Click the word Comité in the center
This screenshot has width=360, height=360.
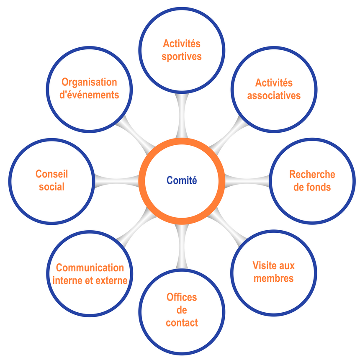click(182, 180)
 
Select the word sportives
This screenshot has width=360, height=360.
click(182, 57)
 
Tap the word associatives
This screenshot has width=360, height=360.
click(274, 95)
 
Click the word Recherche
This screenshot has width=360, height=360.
click(312, 174)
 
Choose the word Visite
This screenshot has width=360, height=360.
click(263, 265)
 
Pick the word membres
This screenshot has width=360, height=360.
click(274, 278)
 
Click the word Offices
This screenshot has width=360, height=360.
click(182, 297)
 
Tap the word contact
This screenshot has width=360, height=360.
click(182, 323)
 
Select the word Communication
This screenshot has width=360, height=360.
click(90, 268)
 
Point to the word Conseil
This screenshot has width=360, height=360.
click(51, 174)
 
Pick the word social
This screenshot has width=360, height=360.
click(51, 187)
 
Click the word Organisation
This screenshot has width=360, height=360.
click(89, 82)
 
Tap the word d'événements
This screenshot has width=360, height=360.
click(89, 95)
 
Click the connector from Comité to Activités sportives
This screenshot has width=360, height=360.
click(182, 116)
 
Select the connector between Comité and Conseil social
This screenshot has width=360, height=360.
click(117, 181)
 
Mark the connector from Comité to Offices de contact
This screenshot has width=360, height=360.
click(182, 247)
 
